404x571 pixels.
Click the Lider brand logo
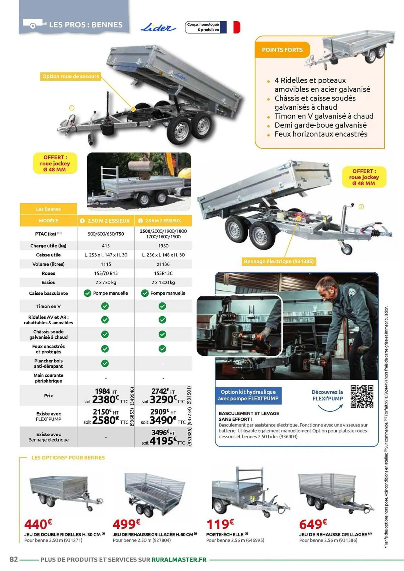158,28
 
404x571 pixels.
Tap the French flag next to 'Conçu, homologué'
230,27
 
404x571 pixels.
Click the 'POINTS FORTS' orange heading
282,50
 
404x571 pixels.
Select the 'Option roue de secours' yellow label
71,76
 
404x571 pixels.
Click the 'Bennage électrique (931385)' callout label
279,261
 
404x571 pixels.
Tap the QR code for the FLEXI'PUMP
362,397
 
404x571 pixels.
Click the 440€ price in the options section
38,524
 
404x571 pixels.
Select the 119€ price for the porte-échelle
220,524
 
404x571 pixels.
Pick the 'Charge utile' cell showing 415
106,246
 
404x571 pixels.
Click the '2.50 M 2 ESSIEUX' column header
106,221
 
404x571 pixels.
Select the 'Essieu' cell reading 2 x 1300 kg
163,282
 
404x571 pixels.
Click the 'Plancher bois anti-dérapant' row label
48,363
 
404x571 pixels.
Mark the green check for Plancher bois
105,363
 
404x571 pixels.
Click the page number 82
14,559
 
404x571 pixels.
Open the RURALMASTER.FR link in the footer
179,559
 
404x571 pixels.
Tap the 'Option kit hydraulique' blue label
248,395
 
